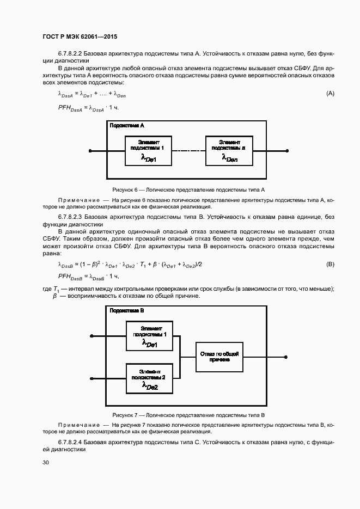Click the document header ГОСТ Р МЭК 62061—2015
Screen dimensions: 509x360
click(80, 36)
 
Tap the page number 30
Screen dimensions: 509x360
click(45, 463)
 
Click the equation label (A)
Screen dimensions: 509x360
click(330, 94)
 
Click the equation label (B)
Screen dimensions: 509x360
click(330, 264)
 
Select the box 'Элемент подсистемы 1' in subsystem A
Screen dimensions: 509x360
click(149, 151)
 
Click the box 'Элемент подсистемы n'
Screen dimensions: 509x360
click(229, 151)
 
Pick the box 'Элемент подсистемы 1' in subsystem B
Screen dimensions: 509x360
click(149, 335)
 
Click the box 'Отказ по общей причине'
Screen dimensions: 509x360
click(220, 357)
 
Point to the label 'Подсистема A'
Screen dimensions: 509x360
click(126, 126)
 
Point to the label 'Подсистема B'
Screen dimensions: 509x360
click(126, 311)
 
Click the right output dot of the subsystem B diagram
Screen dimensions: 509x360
click(285, 357)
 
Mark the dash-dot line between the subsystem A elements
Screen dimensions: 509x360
click(188, 151)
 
